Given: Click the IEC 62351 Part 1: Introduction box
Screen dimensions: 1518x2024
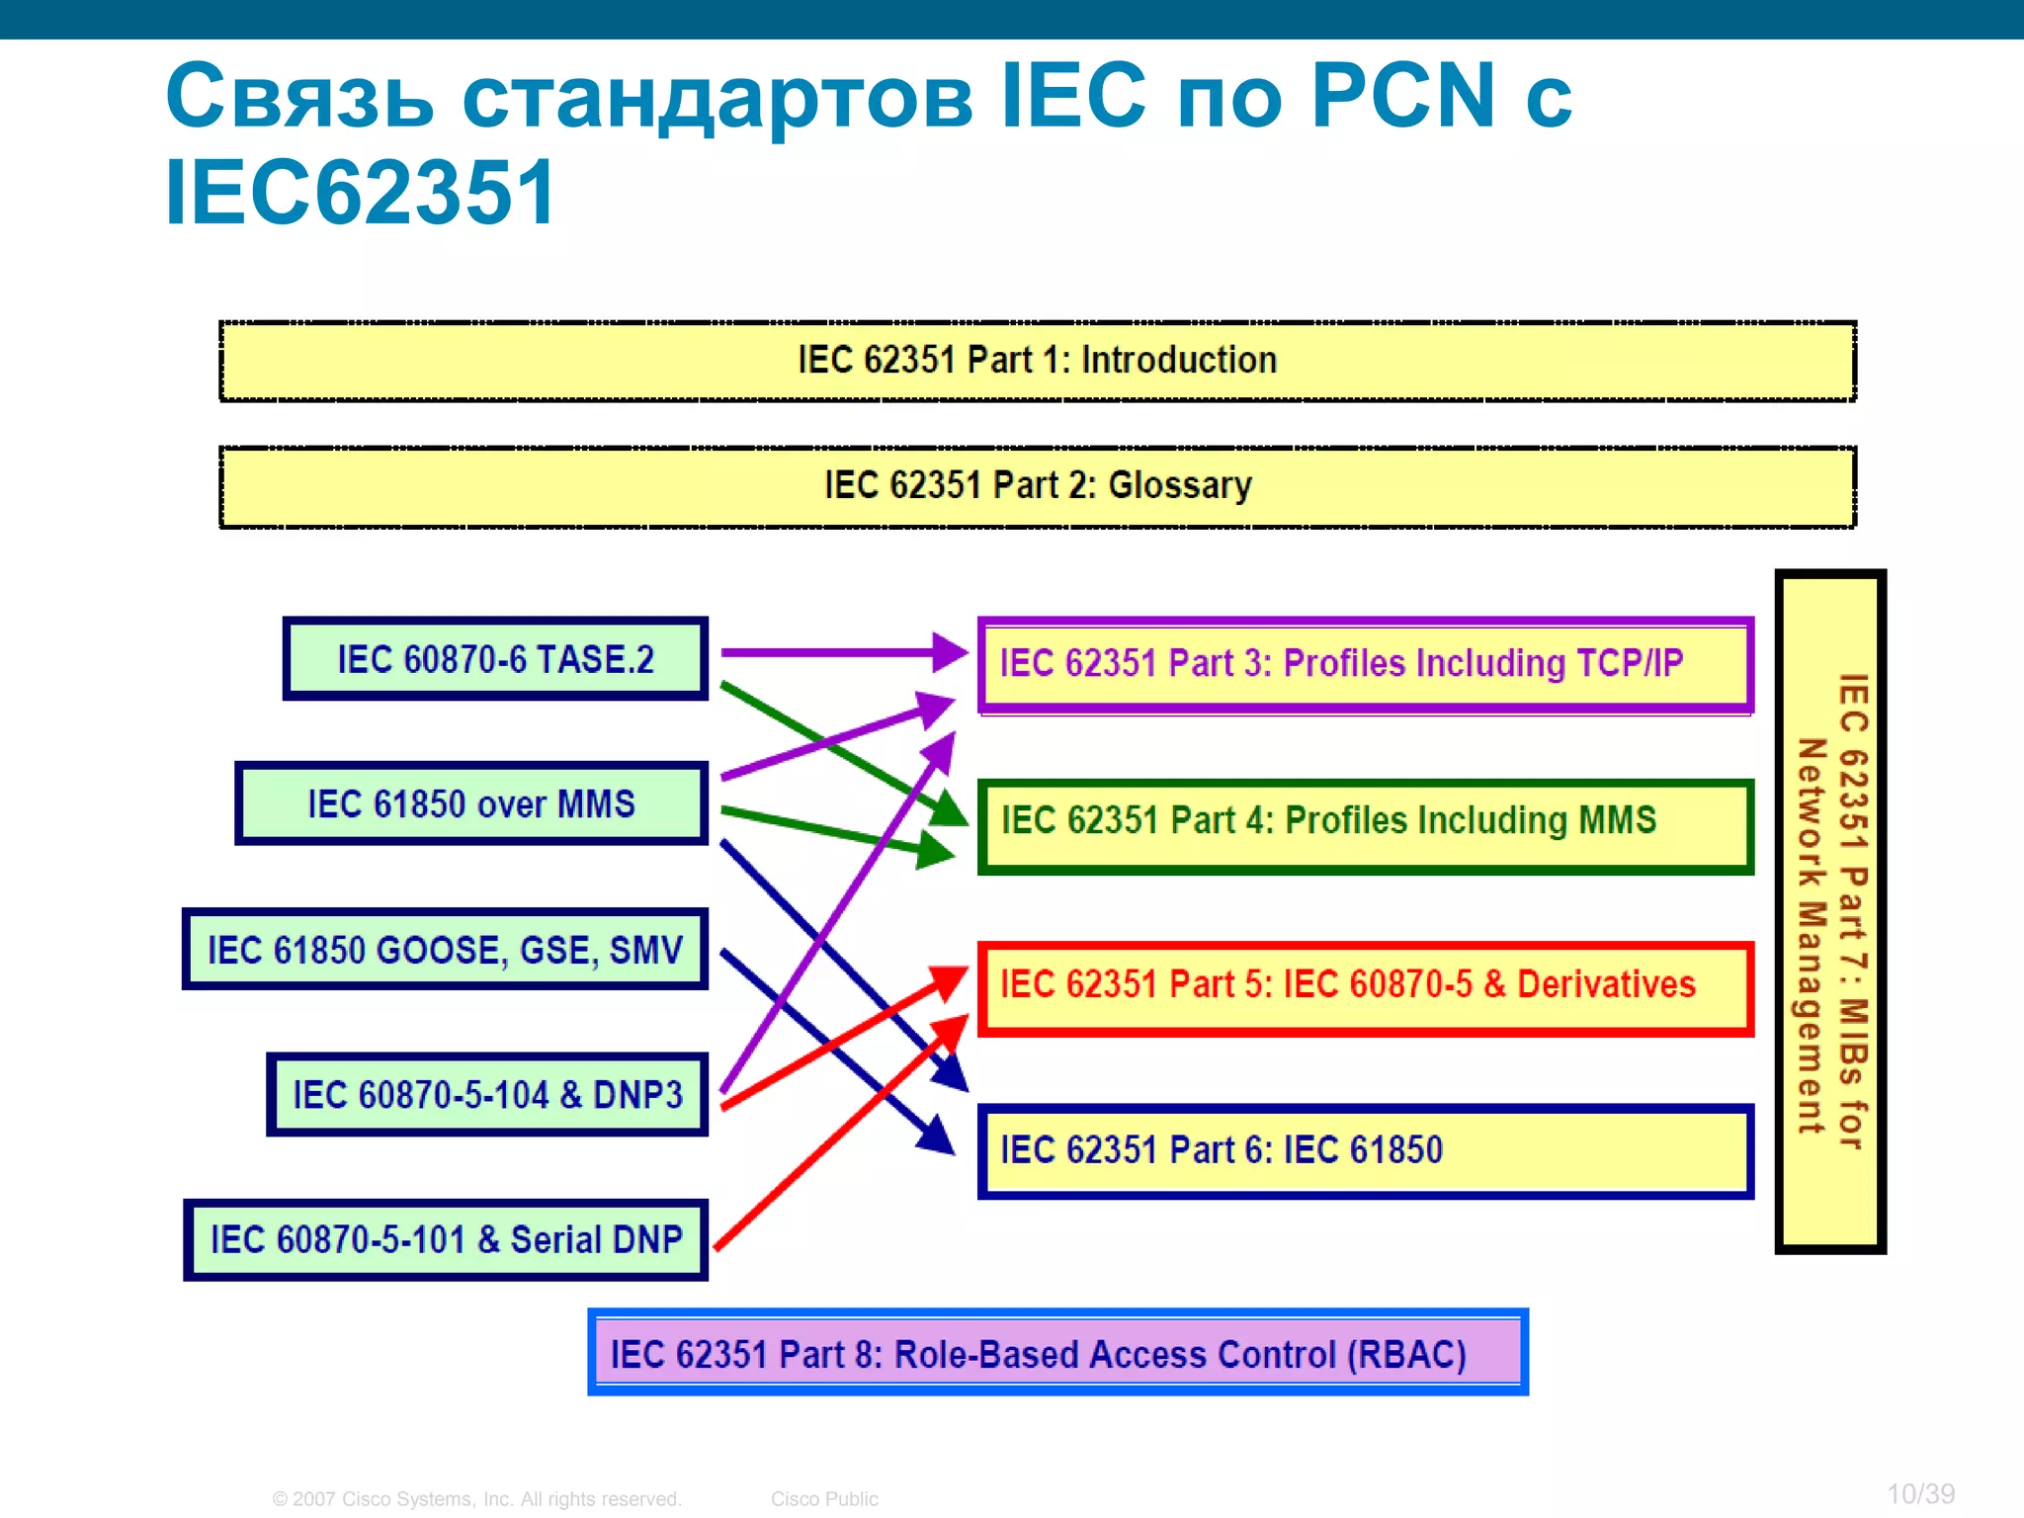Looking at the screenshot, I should pos(1037,361).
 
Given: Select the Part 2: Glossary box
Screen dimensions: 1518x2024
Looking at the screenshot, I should pos(1037,486).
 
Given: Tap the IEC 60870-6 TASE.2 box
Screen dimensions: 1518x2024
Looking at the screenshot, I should pos(495,659).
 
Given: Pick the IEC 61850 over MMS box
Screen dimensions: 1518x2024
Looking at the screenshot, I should pos(471,803).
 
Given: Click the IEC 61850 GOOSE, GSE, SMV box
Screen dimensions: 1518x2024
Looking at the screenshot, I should pos(445,950).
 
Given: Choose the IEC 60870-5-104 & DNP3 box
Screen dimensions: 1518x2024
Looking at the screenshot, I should pos(487,1095).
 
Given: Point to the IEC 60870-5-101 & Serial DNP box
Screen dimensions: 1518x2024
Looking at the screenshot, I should pos(446,1240).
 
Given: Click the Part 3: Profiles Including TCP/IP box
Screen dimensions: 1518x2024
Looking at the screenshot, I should pos(1365,664).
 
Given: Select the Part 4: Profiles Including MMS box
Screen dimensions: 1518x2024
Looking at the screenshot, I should pos(1365,826).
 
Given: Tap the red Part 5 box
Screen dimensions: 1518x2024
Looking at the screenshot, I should pos(1365,988).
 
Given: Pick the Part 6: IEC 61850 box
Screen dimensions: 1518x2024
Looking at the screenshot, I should pos(1365,1151).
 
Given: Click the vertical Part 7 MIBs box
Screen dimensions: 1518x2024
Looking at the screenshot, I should pos(1830,911).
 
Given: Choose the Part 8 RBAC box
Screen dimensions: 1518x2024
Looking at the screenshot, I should pos(1057,1353).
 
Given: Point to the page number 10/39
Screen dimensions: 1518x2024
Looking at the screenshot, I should pos(1920,1493).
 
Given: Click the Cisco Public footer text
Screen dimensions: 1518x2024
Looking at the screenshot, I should pos(824,1499).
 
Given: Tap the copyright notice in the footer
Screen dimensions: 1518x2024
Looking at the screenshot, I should pos(476,1499).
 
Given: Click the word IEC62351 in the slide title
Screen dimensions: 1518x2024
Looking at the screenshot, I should pos(361,193).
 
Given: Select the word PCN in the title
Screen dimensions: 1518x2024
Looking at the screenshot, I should pos(1403,96).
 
